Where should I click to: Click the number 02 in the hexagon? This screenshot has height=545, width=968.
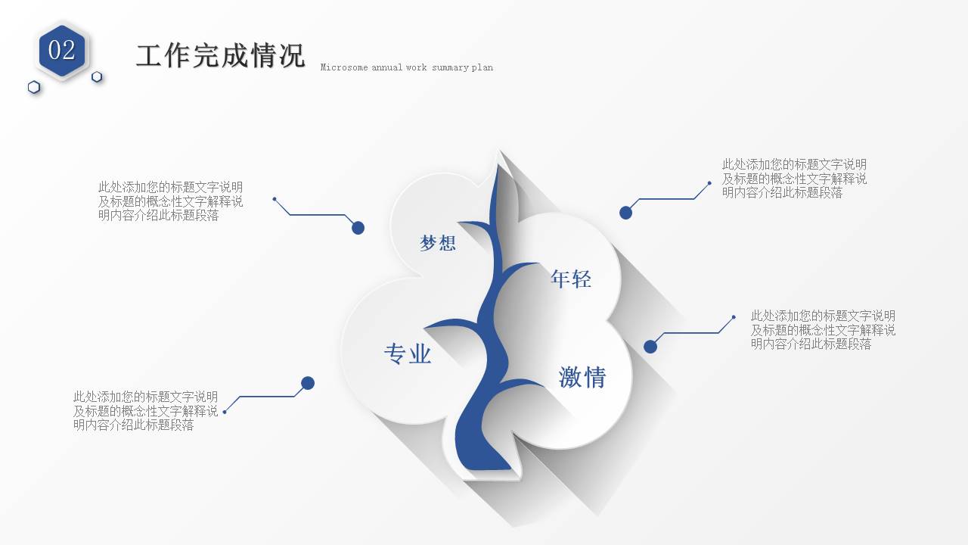(62, 50)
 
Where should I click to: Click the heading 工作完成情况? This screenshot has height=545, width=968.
(220, 55)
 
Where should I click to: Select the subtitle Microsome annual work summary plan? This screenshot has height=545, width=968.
(406, 67)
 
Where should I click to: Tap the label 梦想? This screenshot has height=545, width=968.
(438, 243)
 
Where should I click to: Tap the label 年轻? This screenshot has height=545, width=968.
(571, 279)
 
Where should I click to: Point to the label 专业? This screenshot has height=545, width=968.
(408, 353)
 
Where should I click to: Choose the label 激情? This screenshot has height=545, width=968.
(582, 377)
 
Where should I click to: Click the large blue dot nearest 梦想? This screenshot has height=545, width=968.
(358, 228)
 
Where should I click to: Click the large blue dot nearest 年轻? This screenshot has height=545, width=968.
(625, 213)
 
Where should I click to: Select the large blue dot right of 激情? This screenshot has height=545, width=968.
(650, 347)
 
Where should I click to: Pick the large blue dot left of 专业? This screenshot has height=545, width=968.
(308, 383)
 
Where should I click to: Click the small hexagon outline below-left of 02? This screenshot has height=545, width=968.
(34, 87)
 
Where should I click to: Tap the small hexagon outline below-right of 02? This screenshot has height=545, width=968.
(97, 76)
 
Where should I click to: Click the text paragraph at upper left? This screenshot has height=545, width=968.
(170, 201)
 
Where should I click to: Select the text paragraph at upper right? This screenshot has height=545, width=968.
(794, 178)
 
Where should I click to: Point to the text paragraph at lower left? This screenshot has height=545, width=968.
(145, 410)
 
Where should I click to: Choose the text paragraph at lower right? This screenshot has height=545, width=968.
(823, 329)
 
